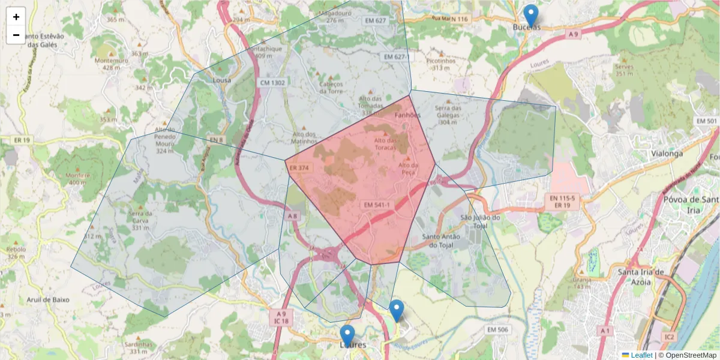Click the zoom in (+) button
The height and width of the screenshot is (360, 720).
[x=16, y=17]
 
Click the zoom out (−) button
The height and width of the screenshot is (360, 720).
[x=16, y=35]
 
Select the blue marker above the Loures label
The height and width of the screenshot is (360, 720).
[x=347, y=335]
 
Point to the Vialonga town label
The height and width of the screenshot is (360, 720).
[x=667, y=153]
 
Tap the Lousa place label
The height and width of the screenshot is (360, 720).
[x=222, y=80]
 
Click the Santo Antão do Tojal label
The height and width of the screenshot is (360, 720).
[x=441, y=241]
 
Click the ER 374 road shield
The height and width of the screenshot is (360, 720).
[x=298, y=168]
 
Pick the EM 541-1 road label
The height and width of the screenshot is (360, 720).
[x=377, y=205]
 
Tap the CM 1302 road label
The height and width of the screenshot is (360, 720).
[x=273, y=82]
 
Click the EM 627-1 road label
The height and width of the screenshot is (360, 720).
[x=397, y=56]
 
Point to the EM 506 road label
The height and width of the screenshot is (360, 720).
[x=497, y=329]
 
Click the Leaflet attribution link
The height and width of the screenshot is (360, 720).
[x=641, y=355]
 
